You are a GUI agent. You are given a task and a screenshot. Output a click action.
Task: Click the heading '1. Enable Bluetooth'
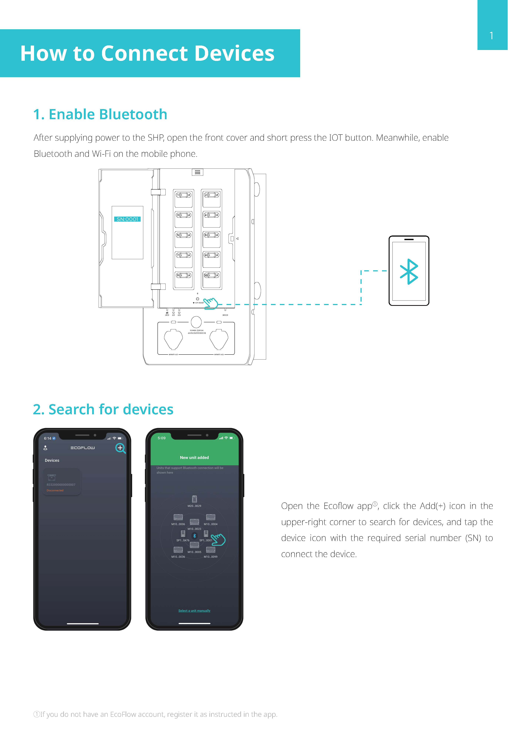100,115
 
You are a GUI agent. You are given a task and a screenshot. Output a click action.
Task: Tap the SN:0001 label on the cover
127,219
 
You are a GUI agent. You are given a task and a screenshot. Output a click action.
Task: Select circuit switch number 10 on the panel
212,276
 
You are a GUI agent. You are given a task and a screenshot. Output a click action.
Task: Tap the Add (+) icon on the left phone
120,448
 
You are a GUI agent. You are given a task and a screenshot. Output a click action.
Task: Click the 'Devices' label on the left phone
52,460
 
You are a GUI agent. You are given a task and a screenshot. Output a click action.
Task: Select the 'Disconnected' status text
55,490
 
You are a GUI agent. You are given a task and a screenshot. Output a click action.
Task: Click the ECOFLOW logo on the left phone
83,448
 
